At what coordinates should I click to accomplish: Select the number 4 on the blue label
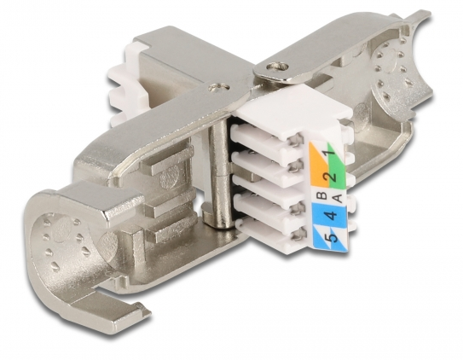tap(332, 216)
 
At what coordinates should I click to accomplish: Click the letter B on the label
tap(323, 195)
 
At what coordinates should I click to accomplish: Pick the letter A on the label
tap(339, 198)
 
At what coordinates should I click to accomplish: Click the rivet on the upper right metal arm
tap(276, 67)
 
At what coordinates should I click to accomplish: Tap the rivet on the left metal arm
tap(218, 89)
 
